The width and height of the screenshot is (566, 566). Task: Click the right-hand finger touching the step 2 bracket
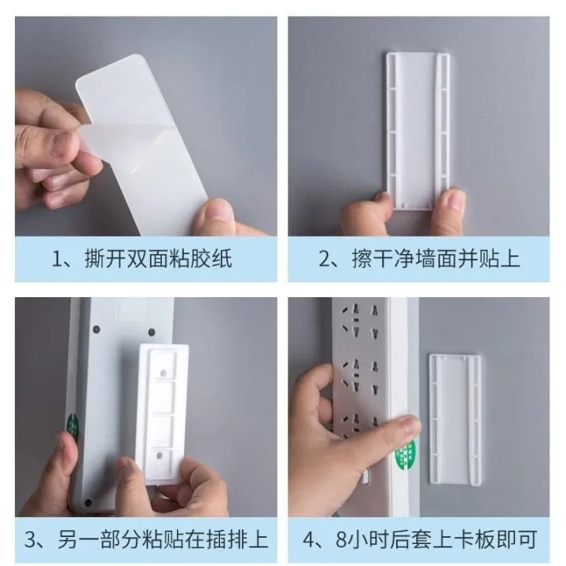click(x=451, y=204)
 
